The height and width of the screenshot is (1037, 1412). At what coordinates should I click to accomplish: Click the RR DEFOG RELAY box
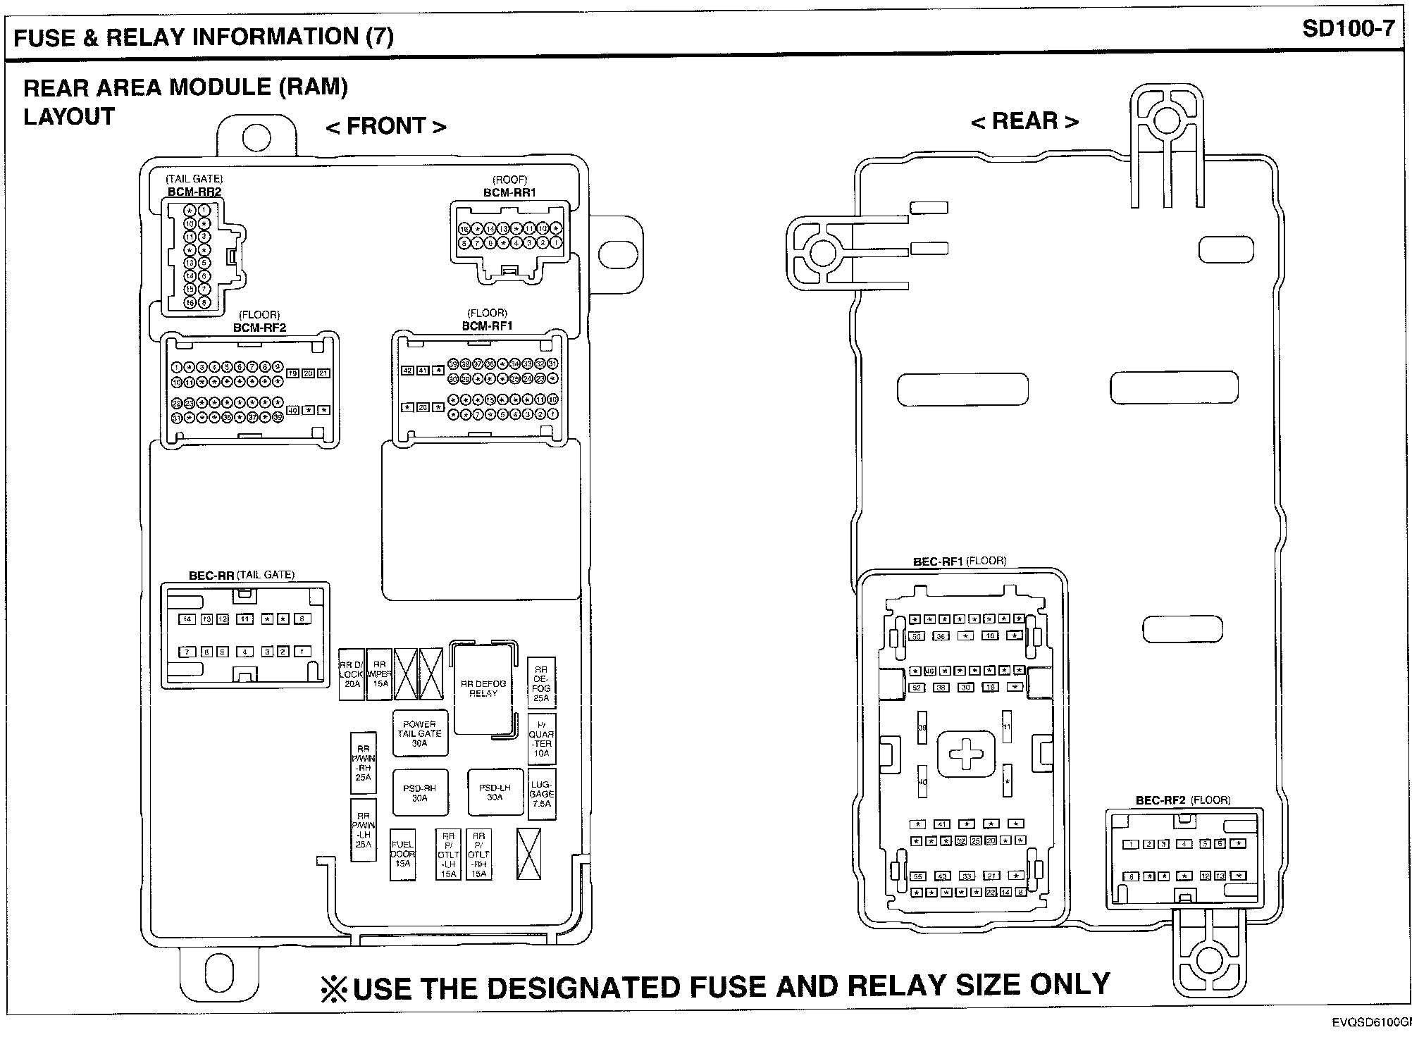click(x=483, y=688)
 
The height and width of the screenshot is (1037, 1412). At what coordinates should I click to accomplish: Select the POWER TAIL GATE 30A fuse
click(x=419, y=733)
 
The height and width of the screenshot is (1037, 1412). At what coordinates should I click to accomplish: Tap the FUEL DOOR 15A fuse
click(x=402, y=854)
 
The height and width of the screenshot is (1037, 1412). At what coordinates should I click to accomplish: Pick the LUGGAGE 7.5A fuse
click(x=541, y=794)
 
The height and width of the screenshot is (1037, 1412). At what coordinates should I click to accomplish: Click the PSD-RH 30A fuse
click(x=419, y=793)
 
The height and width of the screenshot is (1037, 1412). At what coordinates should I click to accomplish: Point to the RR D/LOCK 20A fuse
click(x=351, y=674)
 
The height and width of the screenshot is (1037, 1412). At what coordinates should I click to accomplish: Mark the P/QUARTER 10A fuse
click(x=541, y=739)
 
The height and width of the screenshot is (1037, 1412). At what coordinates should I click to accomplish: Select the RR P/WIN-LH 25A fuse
click(x=363, y=830)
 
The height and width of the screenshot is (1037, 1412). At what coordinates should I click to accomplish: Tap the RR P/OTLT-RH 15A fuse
click(x=478, y=855)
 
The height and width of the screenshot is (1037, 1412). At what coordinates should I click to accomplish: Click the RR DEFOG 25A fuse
click(x=541, y=683)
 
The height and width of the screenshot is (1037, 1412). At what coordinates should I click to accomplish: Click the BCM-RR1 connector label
click(x=509, y=192)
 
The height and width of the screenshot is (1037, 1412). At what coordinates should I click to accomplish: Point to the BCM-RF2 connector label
click(x=259, y=328)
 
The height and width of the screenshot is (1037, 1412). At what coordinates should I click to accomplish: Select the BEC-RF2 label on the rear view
click(x=1160, y=800)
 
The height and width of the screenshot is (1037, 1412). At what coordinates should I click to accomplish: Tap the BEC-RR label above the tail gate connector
click(x=211, y=575)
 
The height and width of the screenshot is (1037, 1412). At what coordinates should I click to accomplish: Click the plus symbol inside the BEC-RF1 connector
click(x=966, y=755)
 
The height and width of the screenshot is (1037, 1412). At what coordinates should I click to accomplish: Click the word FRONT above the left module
click(x=386, y=126)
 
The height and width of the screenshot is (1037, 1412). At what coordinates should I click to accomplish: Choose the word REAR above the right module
click(x=1024, y=121)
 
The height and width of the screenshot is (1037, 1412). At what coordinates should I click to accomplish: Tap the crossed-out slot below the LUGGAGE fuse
click(x=528, y=854)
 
